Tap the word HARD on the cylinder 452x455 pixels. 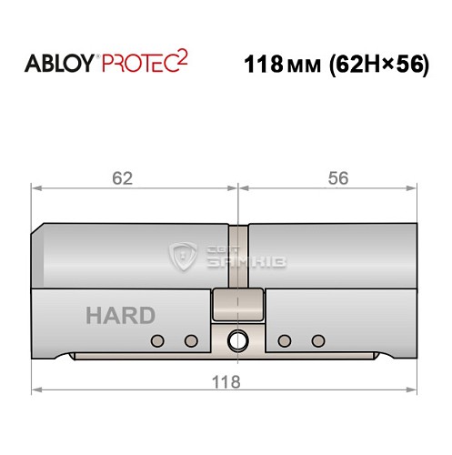point(119,316)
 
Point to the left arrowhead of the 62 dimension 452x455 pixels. point(37,189)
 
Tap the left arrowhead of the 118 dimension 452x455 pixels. point(37,391)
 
